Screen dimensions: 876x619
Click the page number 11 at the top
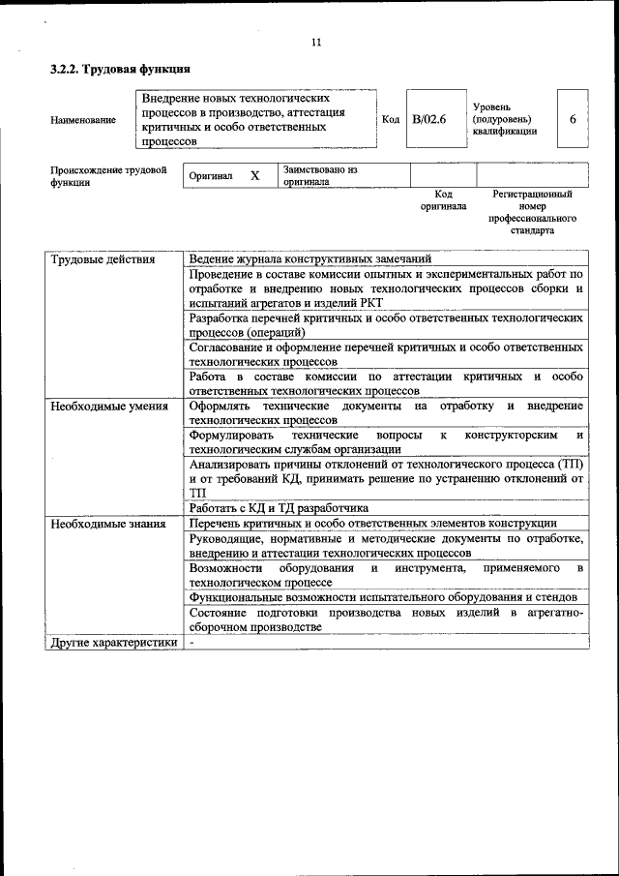(x=315, y=42)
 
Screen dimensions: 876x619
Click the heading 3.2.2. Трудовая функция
(x=120, y=70)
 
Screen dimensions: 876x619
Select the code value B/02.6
(x=428, y=119)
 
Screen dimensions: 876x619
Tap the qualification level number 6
(x=573, y=119)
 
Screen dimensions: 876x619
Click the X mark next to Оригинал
(x=255, y=176)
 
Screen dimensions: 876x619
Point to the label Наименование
(x=83, y=120)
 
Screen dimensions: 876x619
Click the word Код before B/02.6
(x=391, y=119)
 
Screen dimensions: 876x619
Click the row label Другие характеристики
(x=114, y=642)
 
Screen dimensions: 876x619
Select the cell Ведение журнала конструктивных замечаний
(x=310, y=259)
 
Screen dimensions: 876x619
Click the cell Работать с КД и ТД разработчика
(x=279, y=508)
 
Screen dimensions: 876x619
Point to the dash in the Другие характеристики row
(x=192, y=642)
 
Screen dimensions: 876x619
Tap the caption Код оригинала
(x=443, y=200)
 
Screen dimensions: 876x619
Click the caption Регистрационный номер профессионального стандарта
(x=532, y=213)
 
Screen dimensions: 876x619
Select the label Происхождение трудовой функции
(x=108, y=176)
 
